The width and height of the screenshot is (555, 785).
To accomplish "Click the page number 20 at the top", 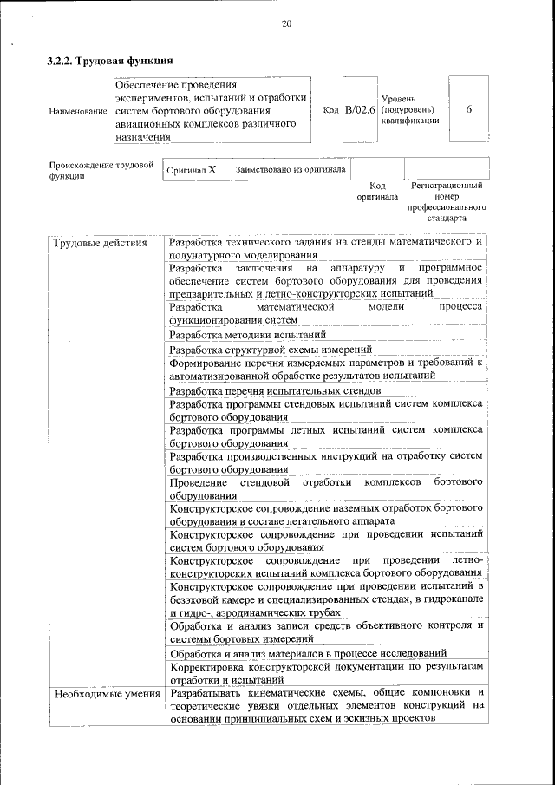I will click(286, 23).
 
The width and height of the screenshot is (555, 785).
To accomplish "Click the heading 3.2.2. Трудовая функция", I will click(110, 62).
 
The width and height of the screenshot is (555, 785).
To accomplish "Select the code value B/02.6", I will click(359, 110).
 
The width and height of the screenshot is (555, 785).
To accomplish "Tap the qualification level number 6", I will click(468, 110).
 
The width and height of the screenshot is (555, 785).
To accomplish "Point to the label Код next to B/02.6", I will click(330, 111).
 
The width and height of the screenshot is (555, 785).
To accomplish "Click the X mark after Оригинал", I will click(212, 169).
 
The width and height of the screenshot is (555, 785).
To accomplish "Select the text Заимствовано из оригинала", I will click(291, 169).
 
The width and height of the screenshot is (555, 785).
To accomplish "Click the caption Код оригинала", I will click(377, 191).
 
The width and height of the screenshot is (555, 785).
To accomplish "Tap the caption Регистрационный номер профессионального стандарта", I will click(447, 202).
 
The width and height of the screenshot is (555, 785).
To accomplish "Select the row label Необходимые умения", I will click(107, 693).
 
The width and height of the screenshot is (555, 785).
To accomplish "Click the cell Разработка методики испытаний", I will click(248, 334).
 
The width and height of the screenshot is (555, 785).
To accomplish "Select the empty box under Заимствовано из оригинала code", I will click(377, 168).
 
